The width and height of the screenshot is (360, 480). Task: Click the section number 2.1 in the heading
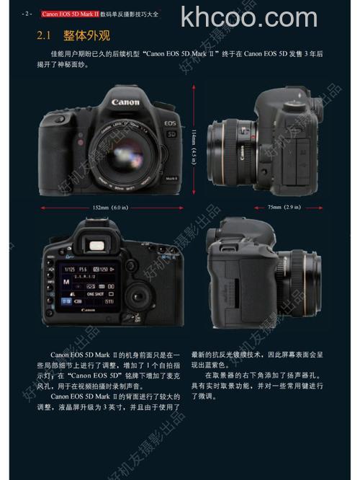[x=47, y=35]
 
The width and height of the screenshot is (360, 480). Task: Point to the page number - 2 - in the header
[x=27, y=13]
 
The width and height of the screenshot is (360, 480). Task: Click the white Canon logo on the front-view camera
[x=125, y=102]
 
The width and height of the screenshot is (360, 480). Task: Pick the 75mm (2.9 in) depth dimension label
[x=284, y=208]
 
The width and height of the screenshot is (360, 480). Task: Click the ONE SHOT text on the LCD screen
[x=95, y=294]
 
